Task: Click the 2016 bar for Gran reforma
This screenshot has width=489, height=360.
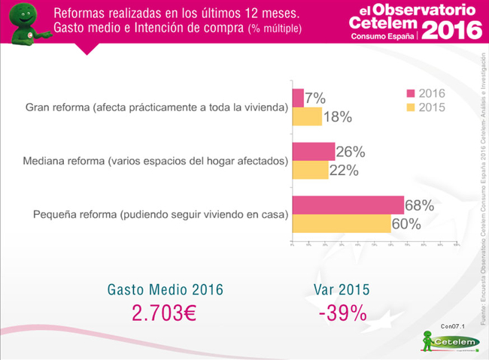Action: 297,98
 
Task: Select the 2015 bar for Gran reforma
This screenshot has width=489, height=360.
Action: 306,116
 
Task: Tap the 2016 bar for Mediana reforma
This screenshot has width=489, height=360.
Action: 313,151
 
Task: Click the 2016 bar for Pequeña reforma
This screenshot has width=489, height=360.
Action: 348,204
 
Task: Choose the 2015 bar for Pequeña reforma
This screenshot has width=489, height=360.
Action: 341,223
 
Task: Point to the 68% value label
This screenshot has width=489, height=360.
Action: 421,205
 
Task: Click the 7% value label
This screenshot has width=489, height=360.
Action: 315,98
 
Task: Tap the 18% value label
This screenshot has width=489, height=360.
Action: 339,116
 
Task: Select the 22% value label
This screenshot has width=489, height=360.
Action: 343,170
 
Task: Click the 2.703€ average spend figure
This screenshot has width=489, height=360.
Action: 163,313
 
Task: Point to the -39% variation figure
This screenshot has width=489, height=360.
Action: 342,313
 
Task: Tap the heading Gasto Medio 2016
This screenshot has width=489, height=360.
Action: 166,289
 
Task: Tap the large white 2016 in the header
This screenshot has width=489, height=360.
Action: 451,29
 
